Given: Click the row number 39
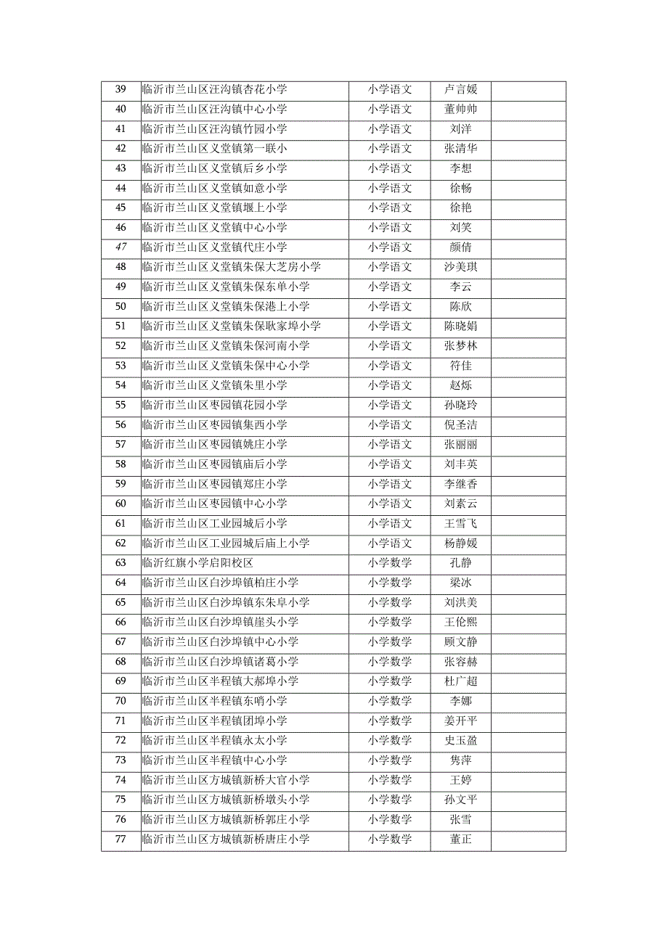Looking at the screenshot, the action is point(121,90).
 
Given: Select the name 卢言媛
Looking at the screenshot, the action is point(460,90).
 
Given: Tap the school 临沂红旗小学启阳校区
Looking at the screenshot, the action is point(197,563).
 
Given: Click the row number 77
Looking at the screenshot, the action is point(121,840).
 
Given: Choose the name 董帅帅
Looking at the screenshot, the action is point(460,110).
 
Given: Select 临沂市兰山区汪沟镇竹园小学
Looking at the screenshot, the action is point(214,129).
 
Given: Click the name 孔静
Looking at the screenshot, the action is point(460,563).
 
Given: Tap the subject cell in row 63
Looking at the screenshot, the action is point(389,563).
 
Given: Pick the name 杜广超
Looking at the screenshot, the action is point(460,681).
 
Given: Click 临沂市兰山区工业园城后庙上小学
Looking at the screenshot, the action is point(226,543).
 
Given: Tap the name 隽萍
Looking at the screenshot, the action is point(460,760).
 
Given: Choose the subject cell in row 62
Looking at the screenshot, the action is point(389,543).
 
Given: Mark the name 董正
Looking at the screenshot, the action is point(460,840).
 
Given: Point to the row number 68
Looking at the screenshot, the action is point(121,662).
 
